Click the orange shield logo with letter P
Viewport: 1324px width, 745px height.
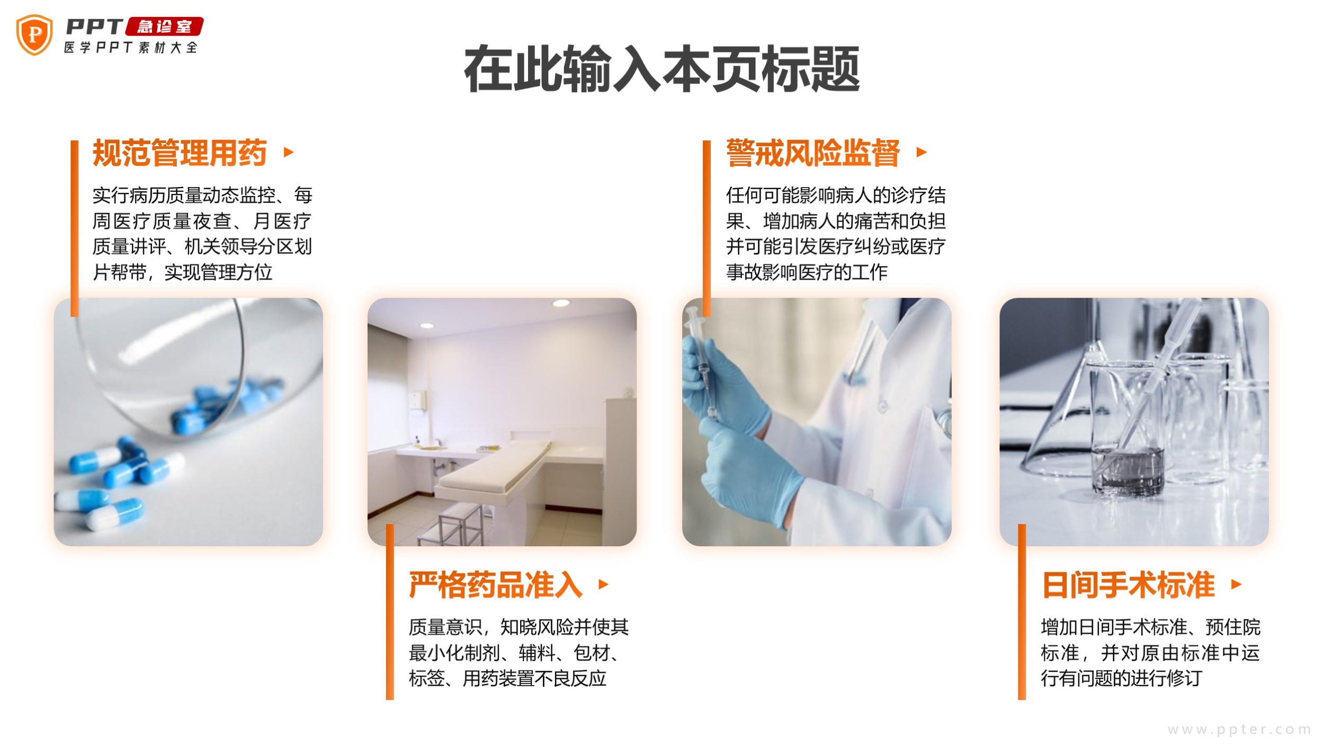coord(34,35)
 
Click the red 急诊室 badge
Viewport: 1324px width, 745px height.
coord(164,26)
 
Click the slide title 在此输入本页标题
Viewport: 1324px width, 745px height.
coord(661,69)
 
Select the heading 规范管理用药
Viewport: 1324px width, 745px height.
coord(180,153)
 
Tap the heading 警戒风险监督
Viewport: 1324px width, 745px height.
coord(813,153)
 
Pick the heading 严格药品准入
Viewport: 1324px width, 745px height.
coord(496,584)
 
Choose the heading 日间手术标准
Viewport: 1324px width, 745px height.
coord(1128,584)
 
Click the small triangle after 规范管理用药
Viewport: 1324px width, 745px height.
coord(289,153)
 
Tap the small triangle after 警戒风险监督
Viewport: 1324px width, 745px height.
coord(922,153)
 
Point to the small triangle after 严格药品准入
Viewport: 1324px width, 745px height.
coord(603,584)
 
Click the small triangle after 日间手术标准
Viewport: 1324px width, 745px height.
coord(1237,584)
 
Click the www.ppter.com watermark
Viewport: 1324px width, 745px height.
coord(1239,730)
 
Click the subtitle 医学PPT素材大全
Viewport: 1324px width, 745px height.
coord(131,47)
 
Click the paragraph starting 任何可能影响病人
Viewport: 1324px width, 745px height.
coord(836,234)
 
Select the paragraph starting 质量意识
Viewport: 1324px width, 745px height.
coord(519,653)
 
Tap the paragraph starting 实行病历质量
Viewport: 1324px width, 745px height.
coord(202,234)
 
